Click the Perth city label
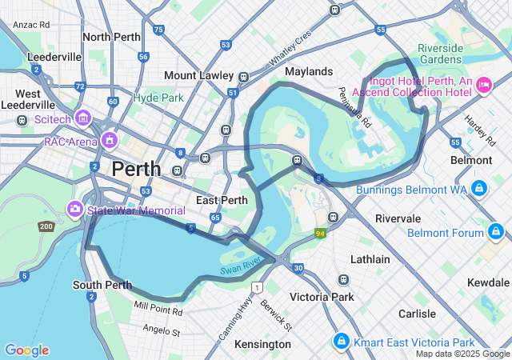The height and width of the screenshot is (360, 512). [x=136, y=169]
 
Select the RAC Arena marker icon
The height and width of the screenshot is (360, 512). [x=109, y=141]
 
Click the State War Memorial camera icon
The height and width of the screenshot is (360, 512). [x=75, y=209]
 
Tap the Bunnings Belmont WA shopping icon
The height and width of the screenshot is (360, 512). [x=478, y=188]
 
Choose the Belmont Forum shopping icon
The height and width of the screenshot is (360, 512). [x=497, y=233]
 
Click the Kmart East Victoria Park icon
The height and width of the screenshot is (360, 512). [x=341, y=342]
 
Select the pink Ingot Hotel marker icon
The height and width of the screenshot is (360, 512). [x=483, y=85]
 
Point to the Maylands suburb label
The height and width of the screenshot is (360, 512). [x=309, y=71]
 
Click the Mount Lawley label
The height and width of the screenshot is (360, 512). [x=197, y=75]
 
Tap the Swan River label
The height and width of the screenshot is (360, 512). [x=241, y=265]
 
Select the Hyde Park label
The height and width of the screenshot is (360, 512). [x=158, y=98]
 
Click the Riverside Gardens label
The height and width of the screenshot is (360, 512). [x=440, y=54]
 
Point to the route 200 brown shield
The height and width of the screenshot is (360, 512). [x=46, y=226]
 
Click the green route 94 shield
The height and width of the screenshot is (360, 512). [x=320, y=234]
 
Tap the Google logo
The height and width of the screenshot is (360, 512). [x=26, y=350]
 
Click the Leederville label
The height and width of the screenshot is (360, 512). [x=54, y=57]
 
